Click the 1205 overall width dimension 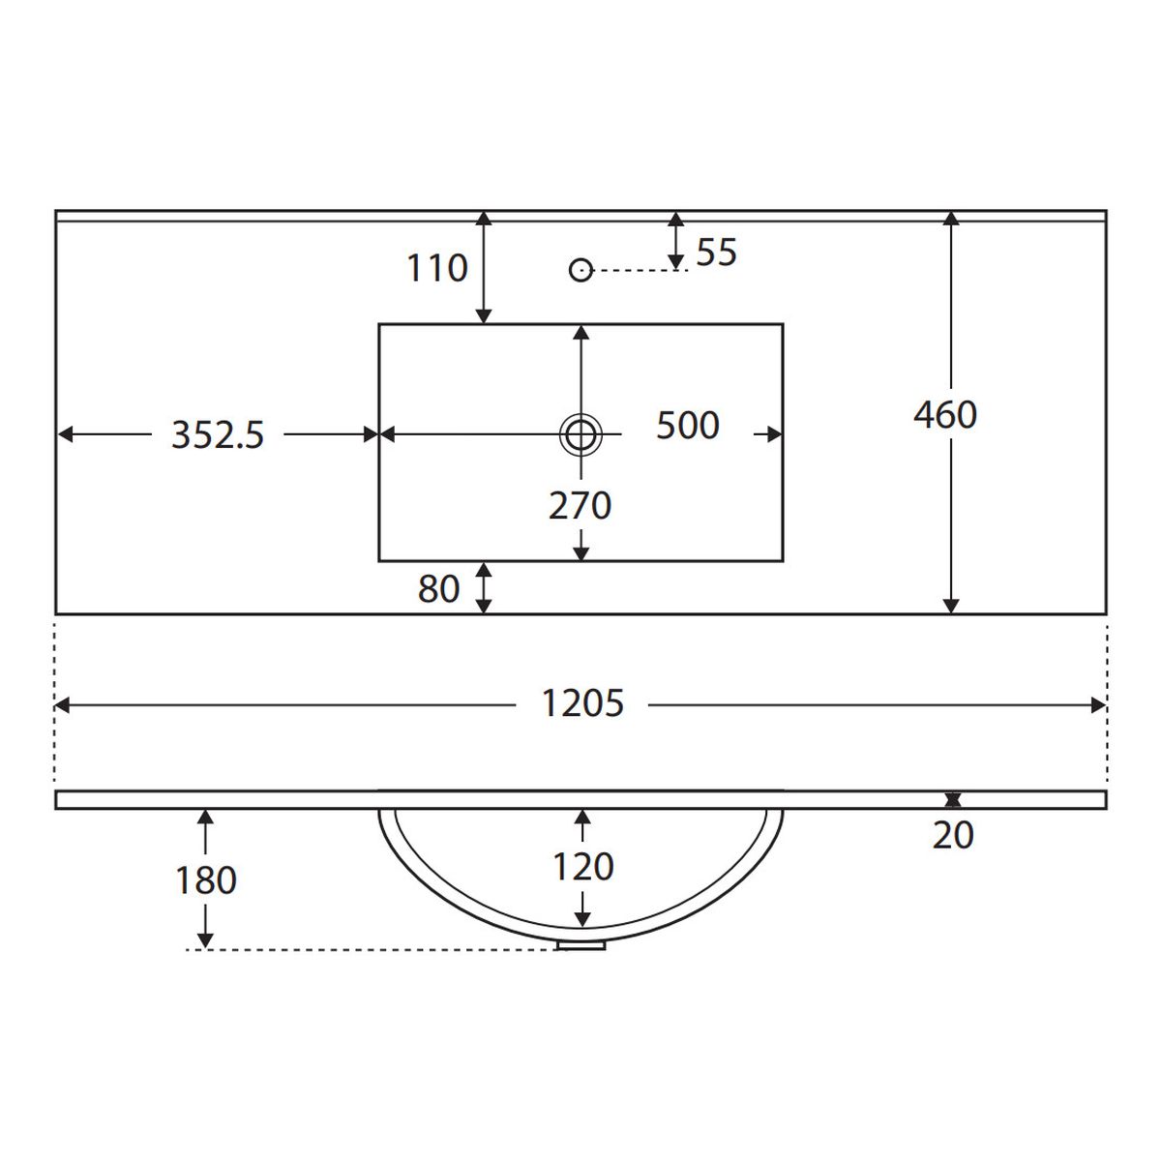click(582, 703)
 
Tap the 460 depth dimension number click(944, 415)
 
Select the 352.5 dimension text click(218, 435)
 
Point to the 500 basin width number click(688, 426)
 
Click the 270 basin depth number click(580, 505)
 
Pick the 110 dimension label click(437, 268)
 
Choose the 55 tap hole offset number click(716, 252)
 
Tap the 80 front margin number click(438, 589)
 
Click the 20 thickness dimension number click(953, 836)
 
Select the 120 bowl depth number click(582, 867)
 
